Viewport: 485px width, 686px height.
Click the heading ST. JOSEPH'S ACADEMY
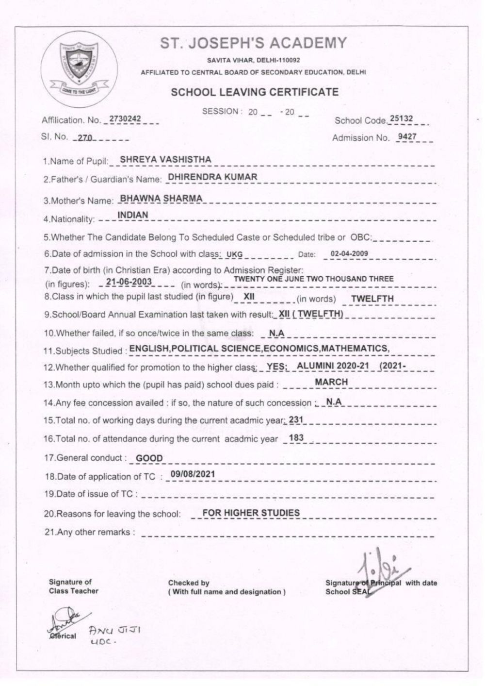pos(254,44)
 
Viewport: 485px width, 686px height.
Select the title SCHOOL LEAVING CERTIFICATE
pos(255,92)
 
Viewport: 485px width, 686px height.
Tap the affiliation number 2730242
pos(125,118)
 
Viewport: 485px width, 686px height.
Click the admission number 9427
pos(406,136)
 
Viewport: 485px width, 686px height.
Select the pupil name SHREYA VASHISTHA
pos(165,159)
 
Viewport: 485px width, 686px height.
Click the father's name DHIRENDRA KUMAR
pos(212,177)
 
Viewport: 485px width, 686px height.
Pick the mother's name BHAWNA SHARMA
pos(161,198)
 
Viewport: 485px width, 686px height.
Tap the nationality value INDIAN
pos(133,215)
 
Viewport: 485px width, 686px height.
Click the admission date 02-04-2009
pos(349,253)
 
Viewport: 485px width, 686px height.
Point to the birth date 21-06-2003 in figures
pos(129,282)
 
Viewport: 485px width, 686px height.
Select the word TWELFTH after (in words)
pos(372,299)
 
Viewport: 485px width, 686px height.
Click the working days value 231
pos(296,419)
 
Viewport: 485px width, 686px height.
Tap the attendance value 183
pos(296,437)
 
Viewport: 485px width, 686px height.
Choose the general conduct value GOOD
pos(149,458)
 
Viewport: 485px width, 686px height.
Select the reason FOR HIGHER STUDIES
pos(251,512)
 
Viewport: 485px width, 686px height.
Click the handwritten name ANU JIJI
pos(114,630)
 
